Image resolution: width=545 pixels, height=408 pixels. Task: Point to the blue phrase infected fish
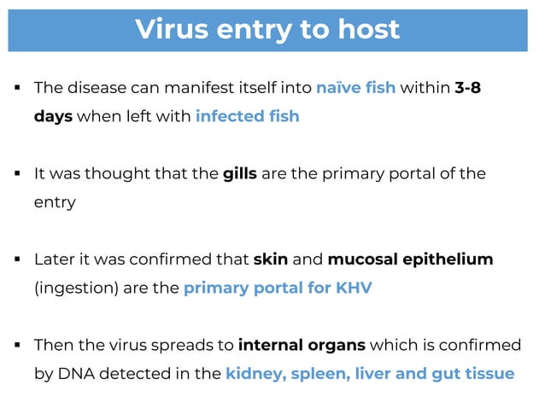pos(247,116)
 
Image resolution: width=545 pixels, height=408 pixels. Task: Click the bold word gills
pos(240,174)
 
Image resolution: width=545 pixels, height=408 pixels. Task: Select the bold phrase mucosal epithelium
pos(410,259)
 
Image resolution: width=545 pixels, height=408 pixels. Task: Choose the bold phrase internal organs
pos(302,346)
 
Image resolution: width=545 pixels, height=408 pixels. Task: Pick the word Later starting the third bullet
pos(52,259)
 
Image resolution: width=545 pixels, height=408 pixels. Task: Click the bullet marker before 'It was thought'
pos(17,174)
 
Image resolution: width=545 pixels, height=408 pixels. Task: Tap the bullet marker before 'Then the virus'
pos(17,346)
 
